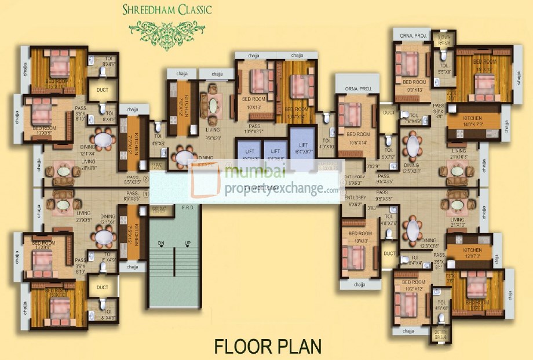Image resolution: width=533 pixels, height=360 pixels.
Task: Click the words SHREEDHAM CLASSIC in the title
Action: click(x=167, y=9)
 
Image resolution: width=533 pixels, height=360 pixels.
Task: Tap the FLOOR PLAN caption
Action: click(x=267, y=346)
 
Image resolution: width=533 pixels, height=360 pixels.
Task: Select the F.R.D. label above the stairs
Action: click(x=188, y=207)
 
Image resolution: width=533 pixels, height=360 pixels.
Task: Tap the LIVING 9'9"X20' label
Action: click(x=212, y=134)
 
